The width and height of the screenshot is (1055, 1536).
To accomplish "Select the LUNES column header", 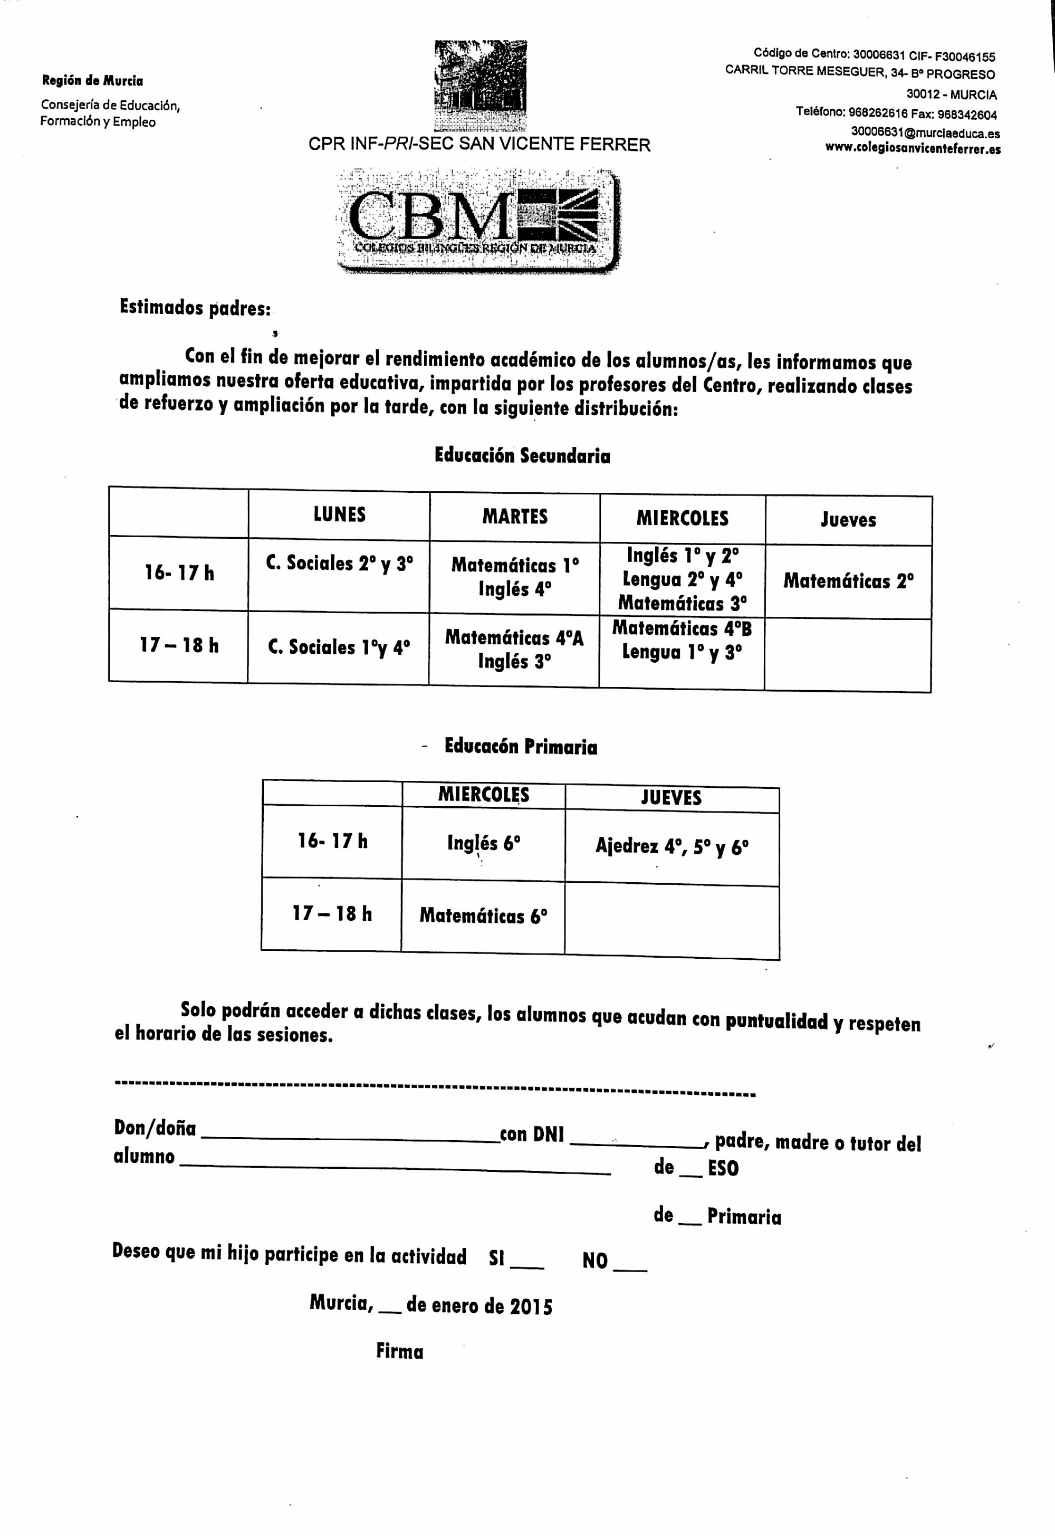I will [x=339, y=514].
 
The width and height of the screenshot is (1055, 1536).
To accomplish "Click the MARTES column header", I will [x=515, y=517].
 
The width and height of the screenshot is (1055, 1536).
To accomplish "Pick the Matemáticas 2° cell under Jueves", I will [x=848, y=581].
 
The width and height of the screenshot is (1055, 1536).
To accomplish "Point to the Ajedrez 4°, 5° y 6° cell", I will [x=672, y=846].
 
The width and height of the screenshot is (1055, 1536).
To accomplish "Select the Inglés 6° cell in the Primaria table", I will [x=483, y=843].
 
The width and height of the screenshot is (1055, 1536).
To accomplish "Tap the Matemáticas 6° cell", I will [x=483, y=916].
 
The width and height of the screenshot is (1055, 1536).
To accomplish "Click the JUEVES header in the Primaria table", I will [x=671, y=797].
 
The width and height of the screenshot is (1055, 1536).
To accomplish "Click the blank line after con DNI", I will [x=638, y=1144].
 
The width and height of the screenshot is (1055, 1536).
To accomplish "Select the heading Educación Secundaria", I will [x=522, y=455].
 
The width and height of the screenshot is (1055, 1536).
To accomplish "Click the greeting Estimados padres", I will [x=195, y=308].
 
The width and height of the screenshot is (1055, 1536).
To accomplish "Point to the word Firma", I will [x=399, y=1351].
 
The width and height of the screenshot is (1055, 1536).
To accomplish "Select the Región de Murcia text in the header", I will [x=92, y=81].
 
